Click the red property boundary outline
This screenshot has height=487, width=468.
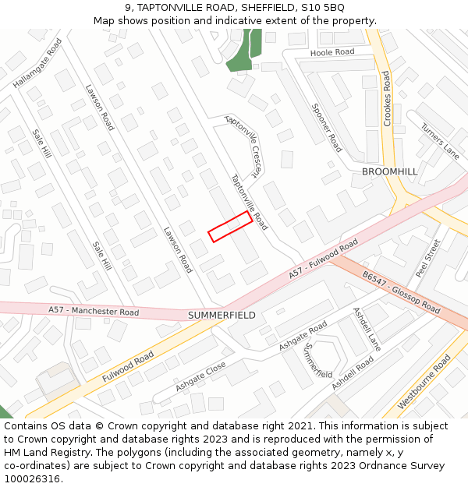point(230,226)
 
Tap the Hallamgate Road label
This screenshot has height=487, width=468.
point(37,63)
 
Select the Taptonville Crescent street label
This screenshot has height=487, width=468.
point(243,146)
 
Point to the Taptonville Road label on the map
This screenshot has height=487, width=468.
point(249,202)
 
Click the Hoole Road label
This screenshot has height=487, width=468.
point(332,52)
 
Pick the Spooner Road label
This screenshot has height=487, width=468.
point(327,128)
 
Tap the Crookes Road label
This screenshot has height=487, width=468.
point(386,98)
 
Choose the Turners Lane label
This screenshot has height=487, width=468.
point(440,141)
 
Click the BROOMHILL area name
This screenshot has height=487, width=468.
point(390,171)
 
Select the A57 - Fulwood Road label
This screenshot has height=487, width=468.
point(323,259)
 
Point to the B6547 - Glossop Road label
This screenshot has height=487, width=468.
point(401,292)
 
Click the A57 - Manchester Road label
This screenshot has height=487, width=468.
point(94,312)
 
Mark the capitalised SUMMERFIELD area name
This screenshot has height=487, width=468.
point(222,316)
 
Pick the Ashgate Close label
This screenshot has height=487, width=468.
point(200,376)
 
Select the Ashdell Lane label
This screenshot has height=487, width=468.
point(367,328)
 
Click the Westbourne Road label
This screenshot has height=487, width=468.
point(424,382)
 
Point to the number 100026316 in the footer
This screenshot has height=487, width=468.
point(32,479)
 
